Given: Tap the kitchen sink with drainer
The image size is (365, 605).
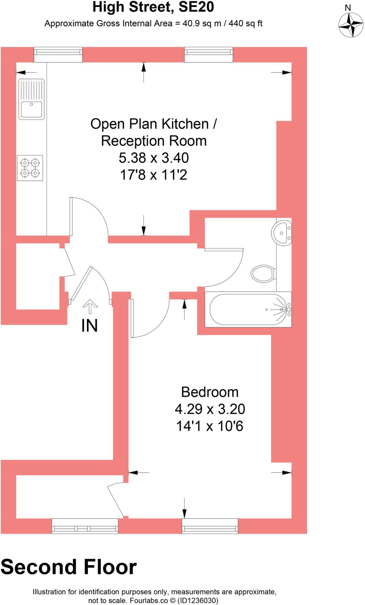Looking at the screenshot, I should pos(31,99).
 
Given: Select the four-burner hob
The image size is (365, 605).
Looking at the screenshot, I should pos(30,168).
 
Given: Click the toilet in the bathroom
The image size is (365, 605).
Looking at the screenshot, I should pos(263,273).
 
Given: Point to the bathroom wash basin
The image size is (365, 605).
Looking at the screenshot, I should pos(282,232).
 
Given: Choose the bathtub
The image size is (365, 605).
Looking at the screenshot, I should pos(248,309).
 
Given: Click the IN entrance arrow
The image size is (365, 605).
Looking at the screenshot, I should pos(90,307).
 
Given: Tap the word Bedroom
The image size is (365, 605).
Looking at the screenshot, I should pos(210,392).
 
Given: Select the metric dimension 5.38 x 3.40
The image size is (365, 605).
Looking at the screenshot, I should pos(154,158).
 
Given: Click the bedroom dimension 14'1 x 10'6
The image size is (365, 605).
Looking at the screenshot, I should pos(210,426).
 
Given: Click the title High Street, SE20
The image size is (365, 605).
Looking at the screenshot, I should pos(153,7).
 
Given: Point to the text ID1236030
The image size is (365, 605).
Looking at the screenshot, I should pos(198,601).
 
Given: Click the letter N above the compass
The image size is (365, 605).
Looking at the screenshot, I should pos(348,8).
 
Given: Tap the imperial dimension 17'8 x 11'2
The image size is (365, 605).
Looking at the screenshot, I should pos(154,175).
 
